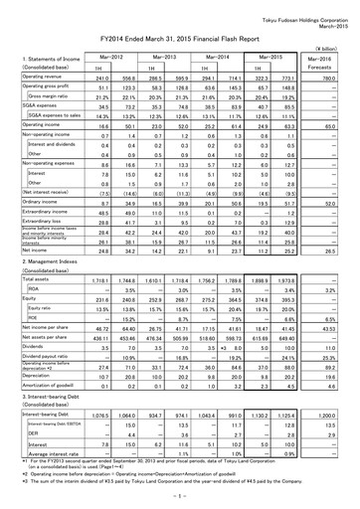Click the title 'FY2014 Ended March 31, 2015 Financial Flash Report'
pos(179,34)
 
